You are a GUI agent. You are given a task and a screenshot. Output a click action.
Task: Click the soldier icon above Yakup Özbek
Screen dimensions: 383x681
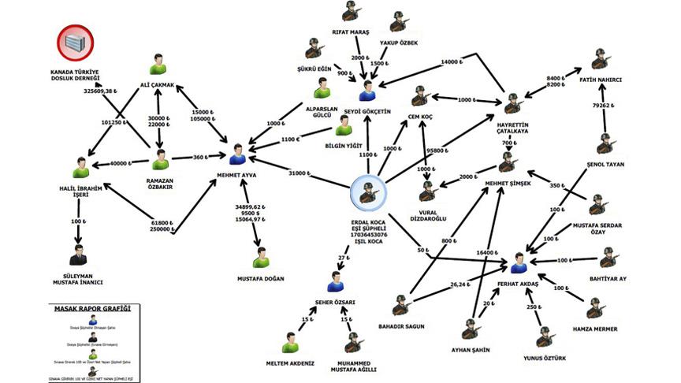click(x=398, y=20)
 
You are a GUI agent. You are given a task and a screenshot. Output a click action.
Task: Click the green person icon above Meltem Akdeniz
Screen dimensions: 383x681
click(x=290, y=344)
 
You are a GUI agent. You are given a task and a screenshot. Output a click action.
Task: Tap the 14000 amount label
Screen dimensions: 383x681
click(x=453, y=61)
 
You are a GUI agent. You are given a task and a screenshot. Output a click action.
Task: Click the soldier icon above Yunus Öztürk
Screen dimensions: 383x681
click(x=543, y=337)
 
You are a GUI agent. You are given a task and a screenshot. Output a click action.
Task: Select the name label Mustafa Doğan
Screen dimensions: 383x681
click(x=261, y=279)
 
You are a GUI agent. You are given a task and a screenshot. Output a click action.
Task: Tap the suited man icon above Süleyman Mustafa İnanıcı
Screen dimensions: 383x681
click(x=77, y=255)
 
